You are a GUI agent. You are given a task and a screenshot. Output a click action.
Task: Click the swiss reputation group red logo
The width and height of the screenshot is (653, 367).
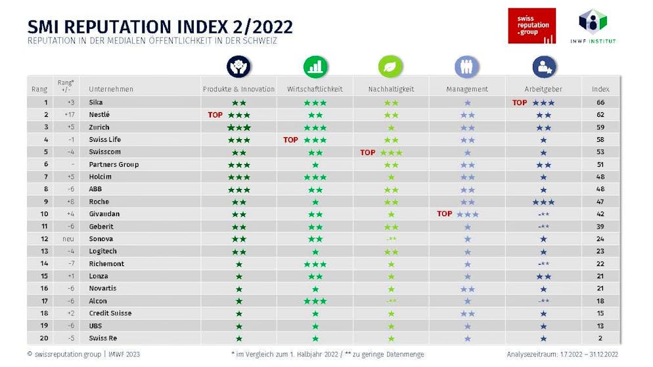click(531, 26)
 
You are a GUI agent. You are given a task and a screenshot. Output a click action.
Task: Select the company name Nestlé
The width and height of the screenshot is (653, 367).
click(99, 115)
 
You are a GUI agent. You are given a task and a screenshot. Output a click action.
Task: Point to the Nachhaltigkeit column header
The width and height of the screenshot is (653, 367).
click(390, 89)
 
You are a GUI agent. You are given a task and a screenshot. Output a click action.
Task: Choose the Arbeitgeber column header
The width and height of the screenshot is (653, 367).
click(544, 89)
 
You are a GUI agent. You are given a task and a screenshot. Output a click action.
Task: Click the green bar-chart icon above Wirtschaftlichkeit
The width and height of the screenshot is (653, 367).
click(315, 66)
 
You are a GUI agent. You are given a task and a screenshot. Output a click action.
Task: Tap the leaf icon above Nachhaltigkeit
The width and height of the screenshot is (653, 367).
click(390, 66)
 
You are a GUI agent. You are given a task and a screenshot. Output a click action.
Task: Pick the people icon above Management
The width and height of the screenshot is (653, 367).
click(467, 66)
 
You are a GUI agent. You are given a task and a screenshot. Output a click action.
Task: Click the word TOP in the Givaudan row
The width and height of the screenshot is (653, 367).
click(445, 214)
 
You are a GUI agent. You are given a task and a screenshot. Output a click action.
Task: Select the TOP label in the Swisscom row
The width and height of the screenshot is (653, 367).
click(368, 152)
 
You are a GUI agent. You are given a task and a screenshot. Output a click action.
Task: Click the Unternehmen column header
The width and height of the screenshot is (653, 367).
click(111, 89)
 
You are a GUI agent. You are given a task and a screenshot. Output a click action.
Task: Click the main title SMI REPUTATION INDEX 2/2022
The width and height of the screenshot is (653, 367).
click(160, 27)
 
